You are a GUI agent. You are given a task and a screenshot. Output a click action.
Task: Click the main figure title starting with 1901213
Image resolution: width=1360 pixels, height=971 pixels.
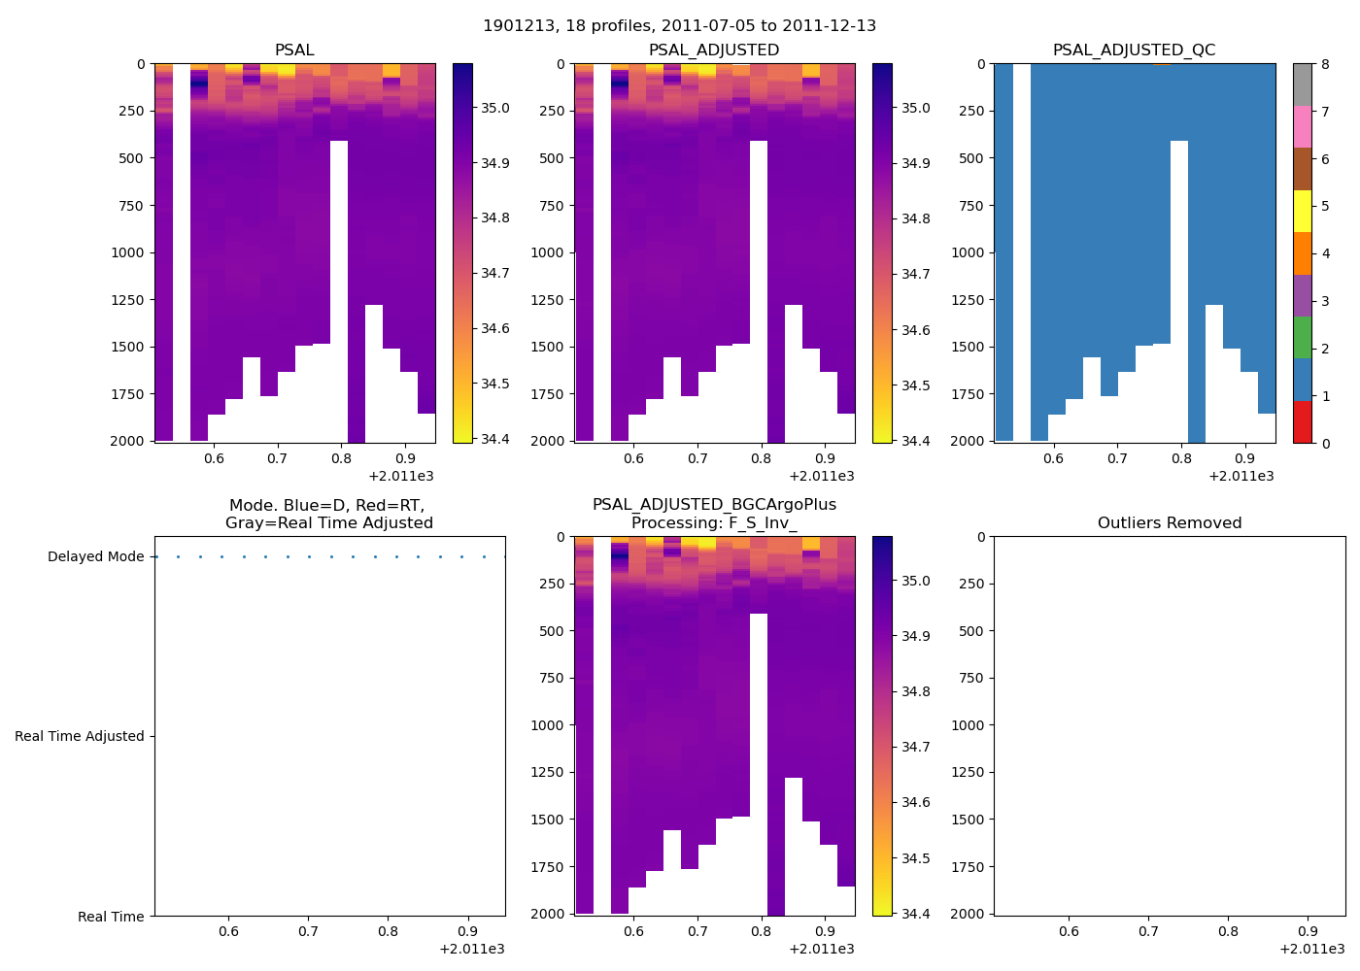[679, 26]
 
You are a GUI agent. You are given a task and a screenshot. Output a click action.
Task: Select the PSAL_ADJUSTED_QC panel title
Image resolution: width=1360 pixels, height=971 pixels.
[1134, 50]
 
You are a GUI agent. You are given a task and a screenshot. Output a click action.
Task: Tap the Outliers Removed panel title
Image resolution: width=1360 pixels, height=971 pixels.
[1170, 523]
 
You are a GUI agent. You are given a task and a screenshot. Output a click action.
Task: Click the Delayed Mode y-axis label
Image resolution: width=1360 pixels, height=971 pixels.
[95, 557]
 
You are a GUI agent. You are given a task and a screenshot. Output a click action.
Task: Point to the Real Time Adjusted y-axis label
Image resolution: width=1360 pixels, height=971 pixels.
[80, 737]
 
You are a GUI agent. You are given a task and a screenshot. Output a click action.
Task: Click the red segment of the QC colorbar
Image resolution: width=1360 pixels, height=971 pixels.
[1302, 422]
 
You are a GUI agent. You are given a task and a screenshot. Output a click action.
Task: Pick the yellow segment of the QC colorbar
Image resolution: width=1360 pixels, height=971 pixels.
[1302, 211]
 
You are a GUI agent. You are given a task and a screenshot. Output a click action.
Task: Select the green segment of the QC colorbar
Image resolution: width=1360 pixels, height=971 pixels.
[1302, 338]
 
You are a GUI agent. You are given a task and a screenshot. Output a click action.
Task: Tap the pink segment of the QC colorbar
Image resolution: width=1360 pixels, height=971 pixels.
[1302, 126]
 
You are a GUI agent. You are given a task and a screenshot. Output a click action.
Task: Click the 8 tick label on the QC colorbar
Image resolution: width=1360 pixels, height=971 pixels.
[1325, 65]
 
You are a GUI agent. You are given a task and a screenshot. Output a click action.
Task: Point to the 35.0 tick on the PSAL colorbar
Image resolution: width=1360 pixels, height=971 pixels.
[495, 108]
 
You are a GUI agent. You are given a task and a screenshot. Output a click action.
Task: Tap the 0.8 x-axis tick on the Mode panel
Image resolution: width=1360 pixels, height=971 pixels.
[388, 932]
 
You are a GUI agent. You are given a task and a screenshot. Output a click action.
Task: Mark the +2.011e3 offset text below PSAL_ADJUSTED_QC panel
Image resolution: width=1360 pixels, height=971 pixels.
[1241, 477]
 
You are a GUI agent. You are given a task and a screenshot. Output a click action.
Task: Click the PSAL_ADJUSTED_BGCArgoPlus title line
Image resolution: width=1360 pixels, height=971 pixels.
[714, 505]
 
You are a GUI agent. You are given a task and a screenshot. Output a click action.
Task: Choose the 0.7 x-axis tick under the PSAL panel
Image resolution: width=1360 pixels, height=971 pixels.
[277, 458]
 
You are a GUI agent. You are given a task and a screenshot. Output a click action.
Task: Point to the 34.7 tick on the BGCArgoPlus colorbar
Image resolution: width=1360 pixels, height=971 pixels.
[915, 748]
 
